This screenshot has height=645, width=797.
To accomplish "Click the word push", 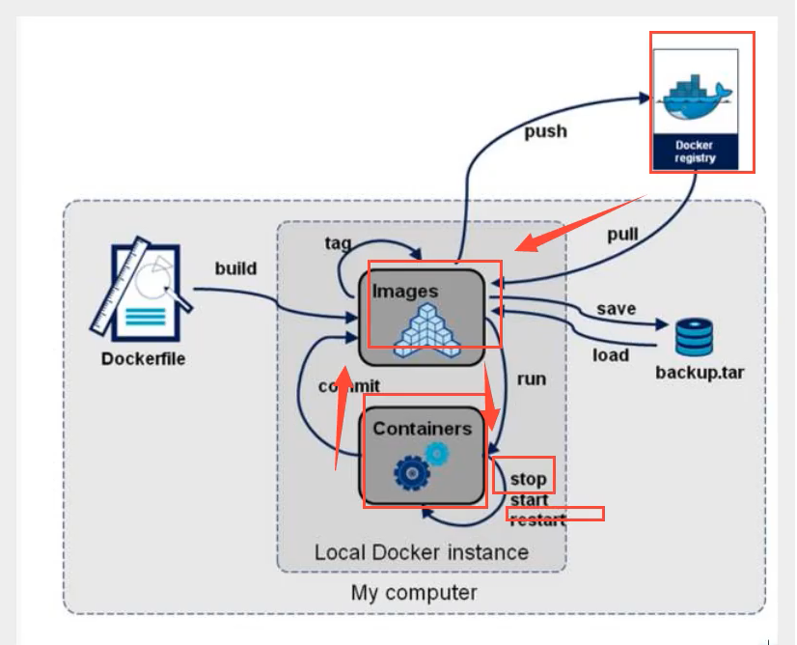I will [545, 130].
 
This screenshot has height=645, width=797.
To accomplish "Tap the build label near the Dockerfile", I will [235, 267].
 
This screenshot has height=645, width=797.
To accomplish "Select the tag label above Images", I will [338, 242].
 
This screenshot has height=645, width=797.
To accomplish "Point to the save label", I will [616, 309].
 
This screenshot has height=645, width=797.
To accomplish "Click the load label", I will [610, 354].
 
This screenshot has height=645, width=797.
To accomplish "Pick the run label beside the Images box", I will [531, 379].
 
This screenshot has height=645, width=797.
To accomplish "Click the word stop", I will [528, 478].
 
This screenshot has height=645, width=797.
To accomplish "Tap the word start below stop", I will [529, 499].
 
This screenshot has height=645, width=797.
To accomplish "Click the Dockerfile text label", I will [143, 360].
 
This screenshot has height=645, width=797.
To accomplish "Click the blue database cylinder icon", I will [694, 338].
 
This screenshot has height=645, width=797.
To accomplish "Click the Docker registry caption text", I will [695, 152].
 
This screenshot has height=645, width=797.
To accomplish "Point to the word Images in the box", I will [405, 291].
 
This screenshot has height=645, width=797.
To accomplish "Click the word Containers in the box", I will [423, 428].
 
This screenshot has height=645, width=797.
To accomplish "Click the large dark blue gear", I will [412, 472].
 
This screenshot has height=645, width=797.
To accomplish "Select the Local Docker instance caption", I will [422, 552].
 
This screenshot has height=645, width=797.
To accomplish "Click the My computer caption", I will [414, 592].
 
